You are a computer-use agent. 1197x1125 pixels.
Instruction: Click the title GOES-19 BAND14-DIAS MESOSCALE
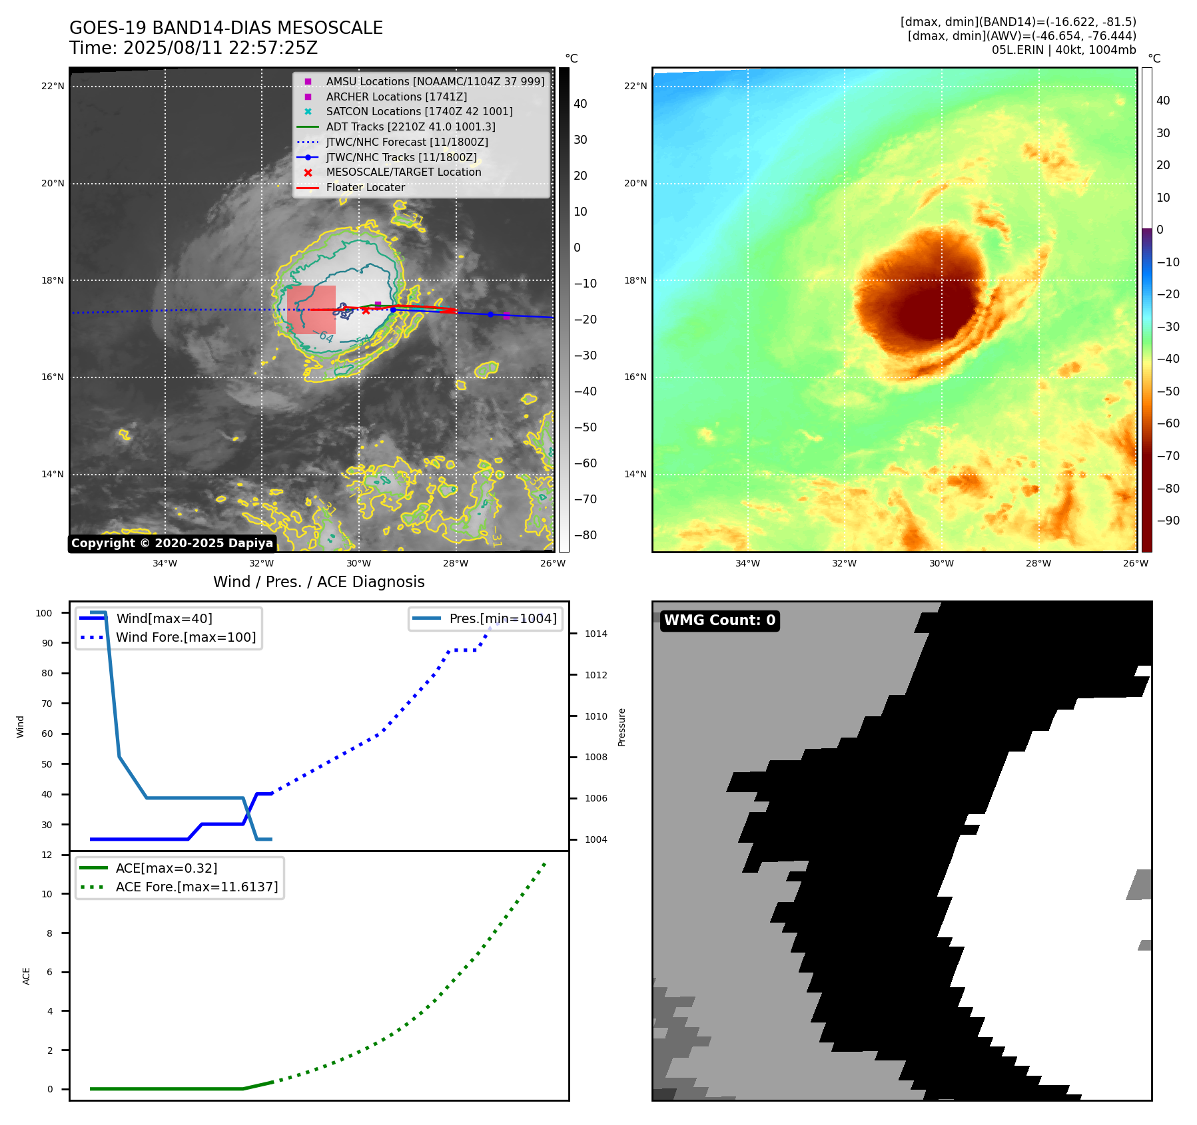226,28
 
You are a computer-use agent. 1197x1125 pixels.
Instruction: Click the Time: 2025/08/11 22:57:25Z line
193,48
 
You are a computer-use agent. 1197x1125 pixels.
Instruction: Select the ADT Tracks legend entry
410,126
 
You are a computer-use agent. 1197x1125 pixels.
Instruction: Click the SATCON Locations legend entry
419,111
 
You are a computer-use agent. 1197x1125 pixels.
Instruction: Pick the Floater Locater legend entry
365,188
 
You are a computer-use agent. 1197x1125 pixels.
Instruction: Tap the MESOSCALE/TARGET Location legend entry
403,172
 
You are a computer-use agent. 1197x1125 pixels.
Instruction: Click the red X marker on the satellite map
366,311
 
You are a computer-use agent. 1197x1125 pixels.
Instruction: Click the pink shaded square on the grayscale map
311,310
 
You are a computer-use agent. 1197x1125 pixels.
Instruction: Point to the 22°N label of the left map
53,86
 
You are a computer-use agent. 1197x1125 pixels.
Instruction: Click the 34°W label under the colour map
747,563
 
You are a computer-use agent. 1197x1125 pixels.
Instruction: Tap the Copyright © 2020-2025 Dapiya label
172,543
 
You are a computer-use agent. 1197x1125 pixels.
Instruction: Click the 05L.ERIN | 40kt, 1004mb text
1064,50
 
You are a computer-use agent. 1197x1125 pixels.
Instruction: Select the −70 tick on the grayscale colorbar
586,499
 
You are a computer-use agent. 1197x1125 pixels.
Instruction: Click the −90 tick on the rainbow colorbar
1168,521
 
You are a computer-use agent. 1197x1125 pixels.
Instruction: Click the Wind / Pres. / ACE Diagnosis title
318,582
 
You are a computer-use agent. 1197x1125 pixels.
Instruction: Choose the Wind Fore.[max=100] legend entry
185,637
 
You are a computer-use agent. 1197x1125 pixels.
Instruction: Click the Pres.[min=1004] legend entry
502,618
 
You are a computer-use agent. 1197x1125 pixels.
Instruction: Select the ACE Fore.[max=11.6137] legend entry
197,887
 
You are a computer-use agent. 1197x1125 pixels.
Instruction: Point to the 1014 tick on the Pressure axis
596,634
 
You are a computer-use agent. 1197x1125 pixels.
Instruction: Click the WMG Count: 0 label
719,620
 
